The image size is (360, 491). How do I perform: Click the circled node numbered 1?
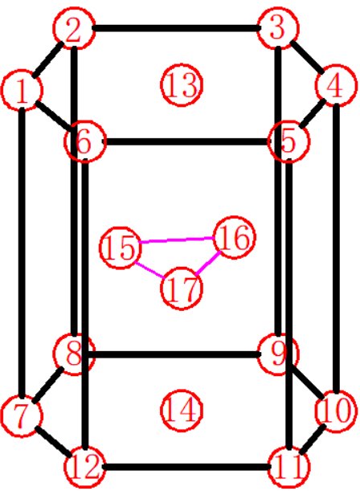pos(22,90)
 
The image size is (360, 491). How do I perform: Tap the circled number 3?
pos(278,28)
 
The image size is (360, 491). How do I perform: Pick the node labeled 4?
pos(336,85)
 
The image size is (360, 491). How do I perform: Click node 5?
pos(289,141)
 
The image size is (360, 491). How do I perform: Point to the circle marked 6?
pos(84,141)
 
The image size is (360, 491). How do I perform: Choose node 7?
pos(22,415)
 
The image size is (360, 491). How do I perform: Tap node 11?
pos(289,467)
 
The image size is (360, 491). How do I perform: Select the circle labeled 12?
pos(84,467)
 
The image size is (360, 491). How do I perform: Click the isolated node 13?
pos(182,85)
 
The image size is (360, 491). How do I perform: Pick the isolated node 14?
pos(182,411)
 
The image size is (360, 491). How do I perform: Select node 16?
pos(234,237)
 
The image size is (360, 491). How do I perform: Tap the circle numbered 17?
pos(182,288)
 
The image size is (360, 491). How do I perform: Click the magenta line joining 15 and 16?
pos(177,239)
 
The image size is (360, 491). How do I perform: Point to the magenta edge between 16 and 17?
pos(208,264)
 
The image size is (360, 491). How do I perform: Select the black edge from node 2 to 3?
pos(176,28)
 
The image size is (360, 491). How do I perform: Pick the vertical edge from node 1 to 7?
pos(22,252)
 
